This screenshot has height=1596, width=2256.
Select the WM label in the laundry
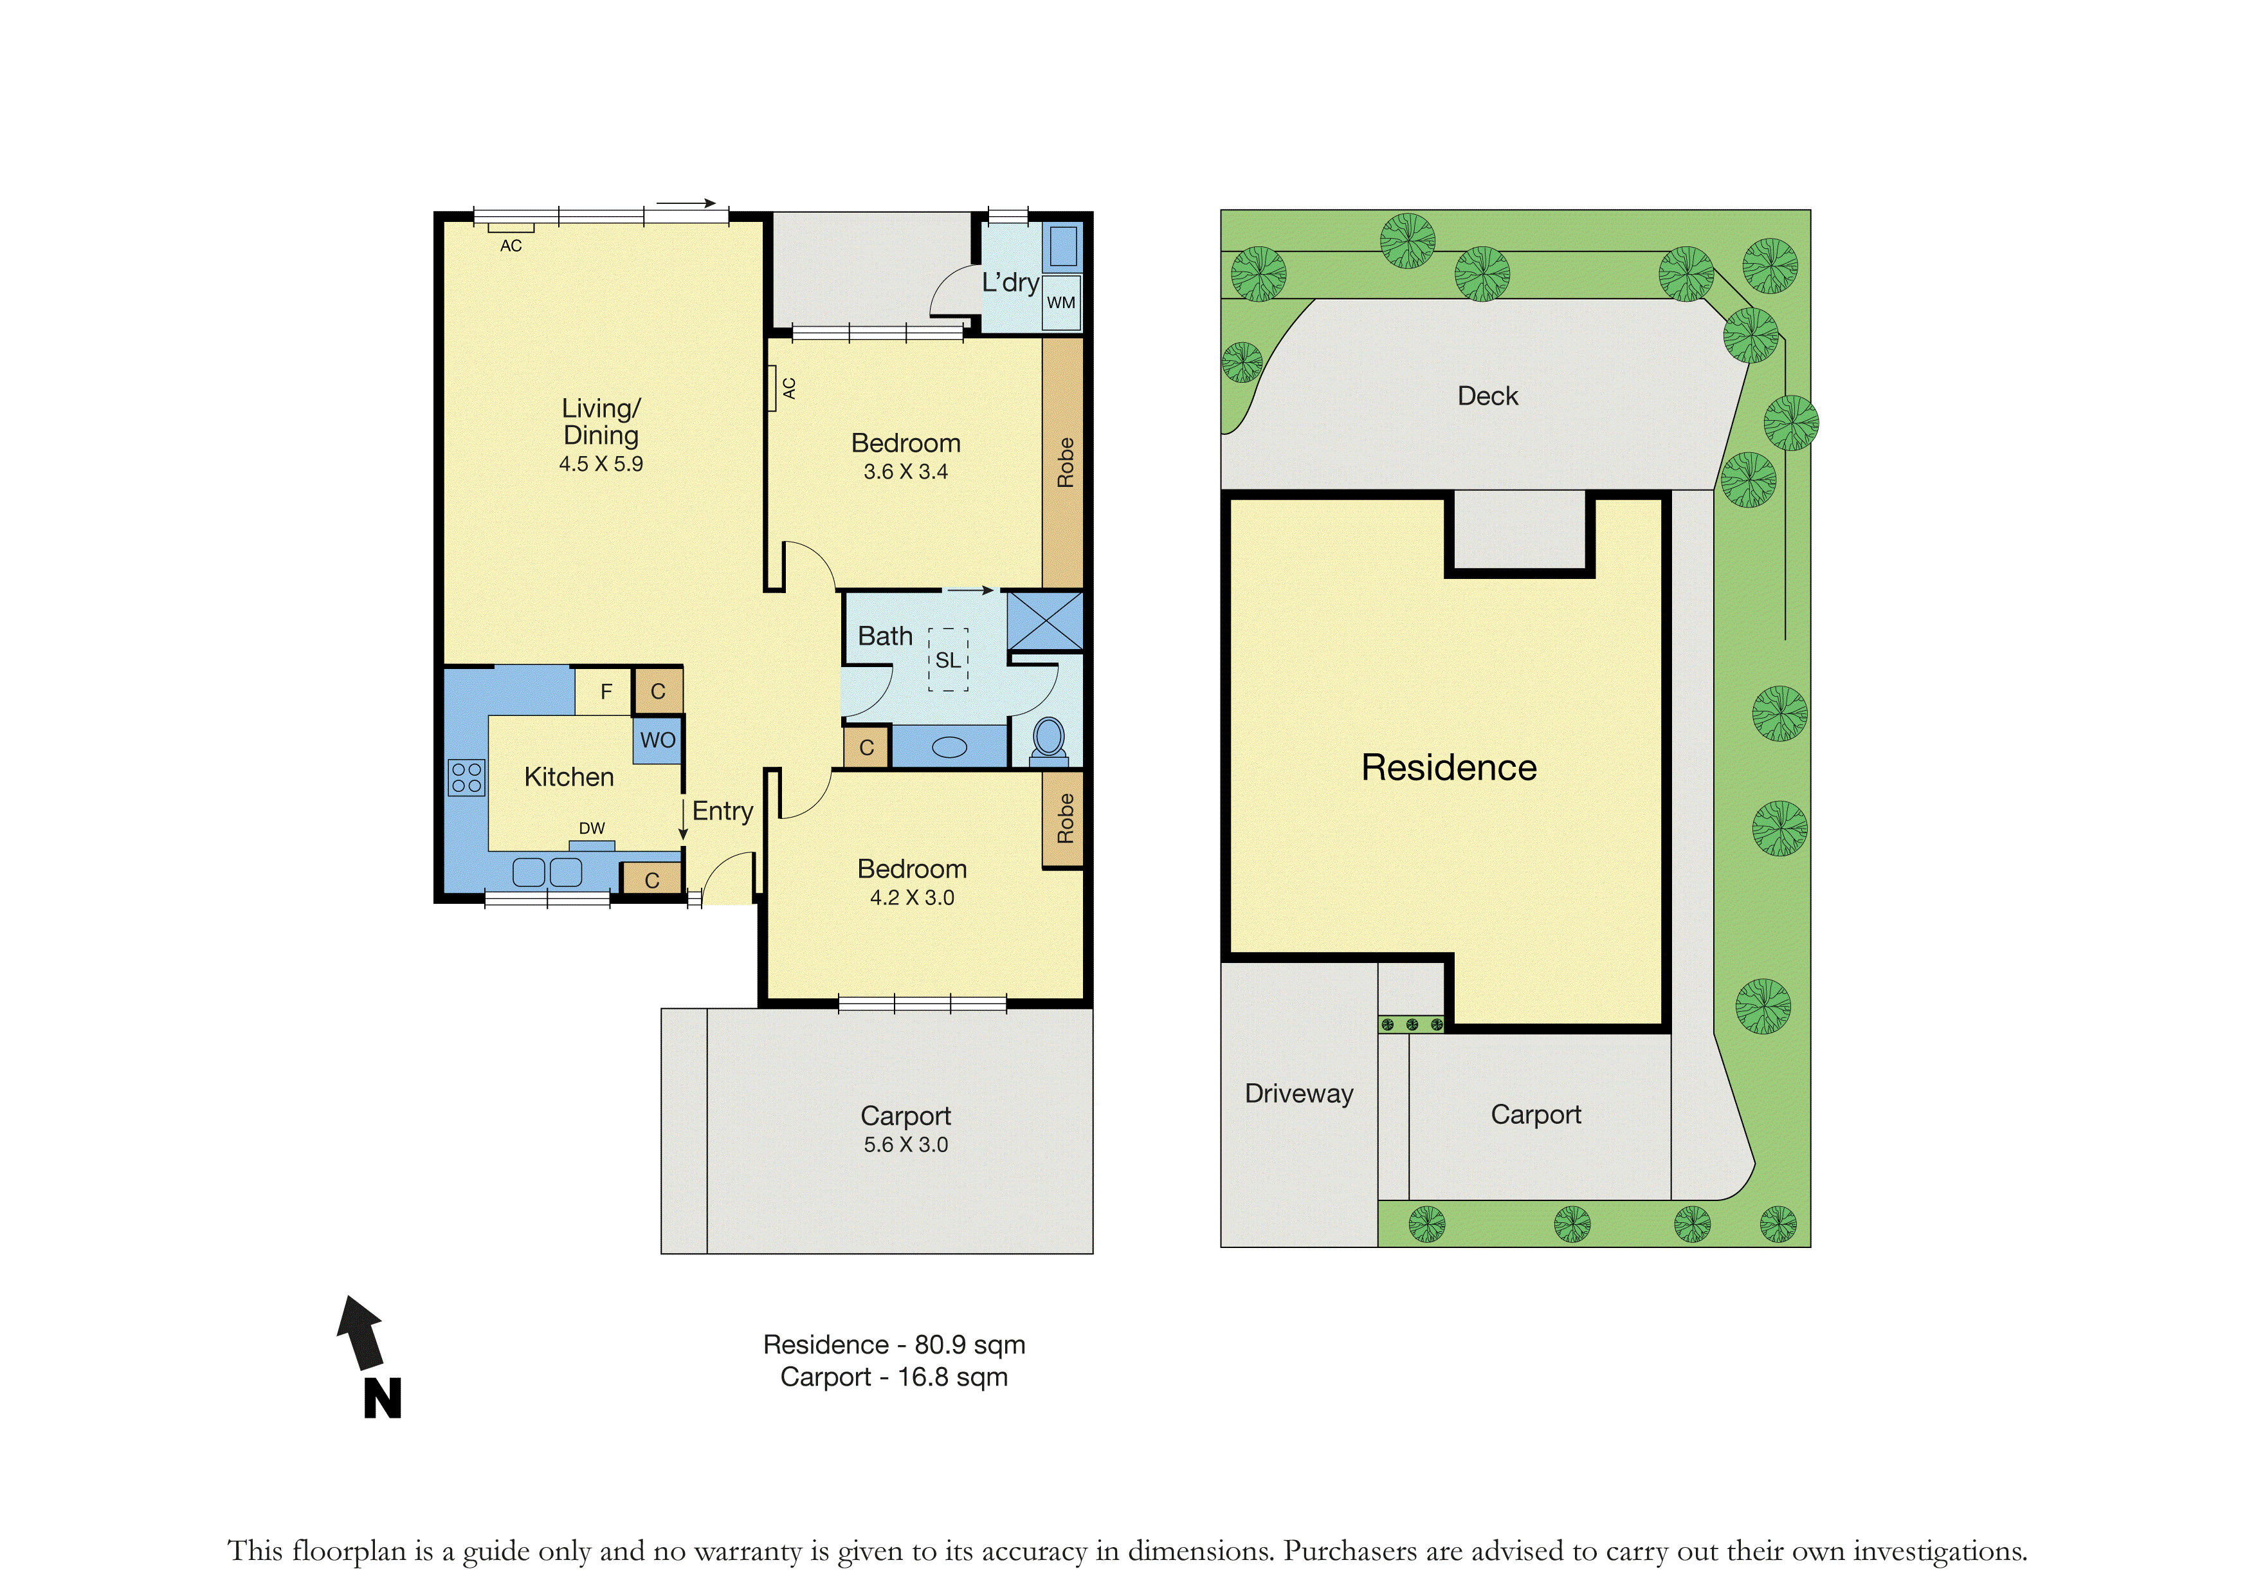coord(1060,303)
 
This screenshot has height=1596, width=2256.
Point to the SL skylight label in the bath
coord(947,661)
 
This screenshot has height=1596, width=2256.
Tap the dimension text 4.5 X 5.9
coord(601,464)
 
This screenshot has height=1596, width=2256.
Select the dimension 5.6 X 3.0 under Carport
coord(906,1145)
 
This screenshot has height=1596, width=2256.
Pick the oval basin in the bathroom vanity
coord(949,748)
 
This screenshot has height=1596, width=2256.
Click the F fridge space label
coord(606,692)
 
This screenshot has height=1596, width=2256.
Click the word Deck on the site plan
coord(1487,396)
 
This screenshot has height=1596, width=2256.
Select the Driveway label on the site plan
coord(1299,1094)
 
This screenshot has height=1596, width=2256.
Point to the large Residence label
coord(1450,767)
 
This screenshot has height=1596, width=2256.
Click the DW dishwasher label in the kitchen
coord(592,829)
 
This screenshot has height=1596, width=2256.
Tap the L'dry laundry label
coord(1010,283)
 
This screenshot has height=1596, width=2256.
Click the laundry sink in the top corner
coord(1062,246)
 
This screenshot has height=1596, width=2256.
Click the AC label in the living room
coord(511,246)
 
